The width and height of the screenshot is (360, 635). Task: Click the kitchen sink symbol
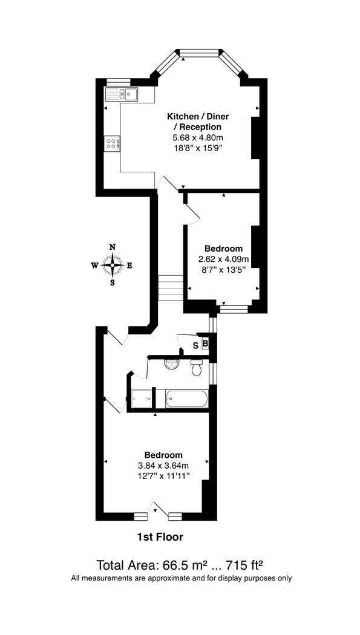tap(121, 94)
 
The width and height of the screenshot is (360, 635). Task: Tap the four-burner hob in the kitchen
tap(112, 143)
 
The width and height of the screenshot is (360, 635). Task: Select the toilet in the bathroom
tap(198, 367)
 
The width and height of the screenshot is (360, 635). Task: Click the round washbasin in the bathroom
tap(172, 364)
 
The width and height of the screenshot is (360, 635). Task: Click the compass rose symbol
tap(113, 265)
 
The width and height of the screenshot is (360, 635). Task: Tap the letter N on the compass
tap(113, 247)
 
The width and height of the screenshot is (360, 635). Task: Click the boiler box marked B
tap(205, 344)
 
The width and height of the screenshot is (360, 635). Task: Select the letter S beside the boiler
tap(195, 345)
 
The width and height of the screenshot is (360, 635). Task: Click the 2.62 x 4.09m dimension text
tap(223, 258)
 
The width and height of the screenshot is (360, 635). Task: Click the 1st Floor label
tap(160, 537)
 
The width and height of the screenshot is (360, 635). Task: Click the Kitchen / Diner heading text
tap(198, 117)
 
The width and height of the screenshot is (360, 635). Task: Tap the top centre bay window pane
tap(199, 52)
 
